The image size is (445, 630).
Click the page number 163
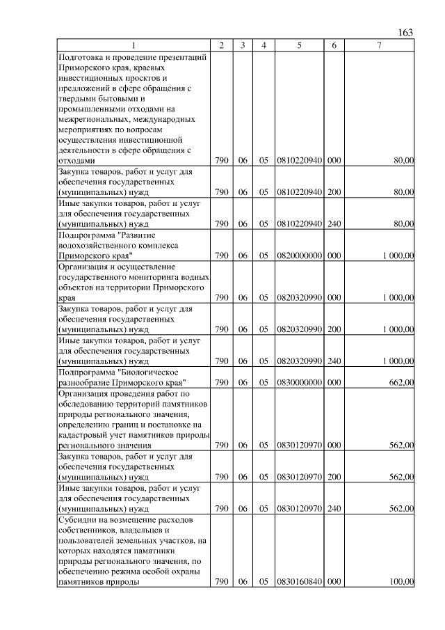point(406,33)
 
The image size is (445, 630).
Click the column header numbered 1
point(134,45)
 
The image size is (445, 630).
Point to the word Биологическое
point(154,372)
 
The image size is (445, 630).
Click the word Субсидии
point(79,519)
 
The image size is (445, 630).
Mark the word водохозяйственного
point(99,245)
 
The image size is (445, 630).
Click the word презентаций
point(183,57)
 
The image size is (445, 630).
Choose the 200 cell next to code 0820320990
point(334,329)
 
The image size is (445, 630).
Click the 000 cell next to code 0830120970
point(334,445)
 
